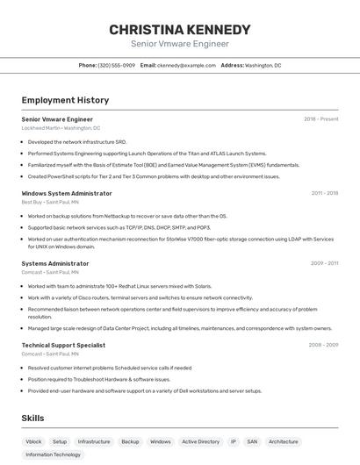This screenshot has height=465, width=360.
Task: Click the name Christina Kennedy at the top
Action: coord(179,29)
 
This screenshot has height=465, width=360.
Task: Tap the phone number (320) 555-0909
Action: coord(117,65)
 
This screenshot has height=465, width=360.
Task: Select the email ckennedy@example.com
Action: coord(186,65)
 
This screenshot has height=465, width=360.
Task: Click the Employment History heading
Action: coord(65,100)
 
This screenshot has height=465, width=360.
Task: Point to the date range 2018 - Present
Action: coord(321,119)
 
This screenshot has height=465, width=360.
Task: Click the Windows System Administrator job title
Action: coord(67,193)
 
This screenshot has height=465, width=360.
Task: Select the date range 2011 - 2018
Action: coord(324,193)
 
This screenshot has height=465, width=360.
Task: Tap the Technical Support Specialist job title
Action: coord(63,346)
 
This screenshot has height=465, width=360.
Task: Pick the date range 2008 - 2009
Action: coord(323,346)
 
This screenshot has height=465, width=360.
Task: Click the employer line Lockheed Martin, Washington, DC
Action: coord(61,128)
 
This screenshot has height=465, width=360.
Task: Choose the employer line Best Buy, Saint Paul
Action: coord(50,202)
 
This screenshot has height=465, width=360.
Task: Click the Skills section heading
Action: coord(32,418)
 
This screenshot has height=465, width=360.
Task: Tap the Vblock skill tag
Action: coord(33,441)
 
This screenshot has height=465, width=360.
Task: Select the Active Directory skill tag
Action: coord(200,441)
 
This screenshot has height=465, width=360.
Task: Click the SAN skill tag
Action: coord(252,441)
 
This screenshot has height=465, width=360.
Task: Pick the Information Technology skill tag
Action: coord(53,455)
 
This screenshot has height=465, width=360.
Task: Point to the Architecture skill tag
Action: coord(284,441)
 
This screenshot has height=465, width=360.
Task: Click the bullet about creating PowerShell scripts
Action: coord(154,176)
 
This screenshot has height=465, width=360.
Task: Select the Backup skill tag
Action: coord(130,441)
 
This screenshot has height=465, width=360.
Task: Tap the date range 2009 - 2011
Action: coord(324,263)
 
